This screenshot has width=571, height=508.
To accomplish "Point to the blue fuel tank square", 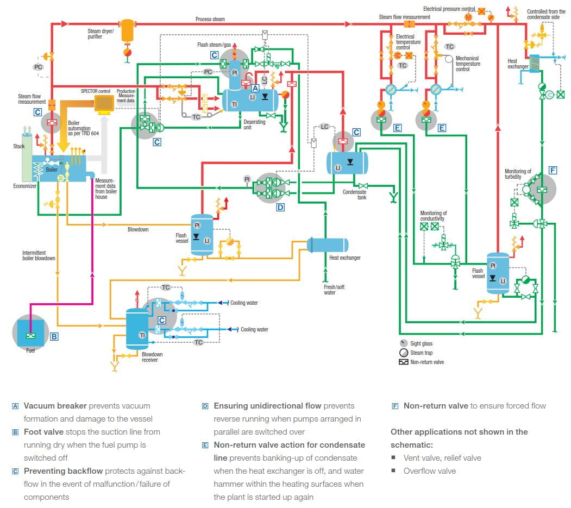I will [30, 333].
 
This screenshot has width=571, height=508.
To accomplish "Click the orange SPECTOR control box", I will [103, 103].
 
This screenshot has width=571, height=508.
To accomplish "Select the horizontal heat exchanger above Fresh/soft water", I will [328, 245].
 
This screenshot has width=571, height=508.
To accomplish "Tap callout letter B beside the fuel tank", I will [54, 336].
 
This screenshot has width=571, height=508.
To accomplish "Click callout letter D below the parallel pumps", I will [281, 206].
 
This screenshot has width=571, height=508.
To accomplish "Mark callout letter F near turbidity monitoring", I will [553, 171].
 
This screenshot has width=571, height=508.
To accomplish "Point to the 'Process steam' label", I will [210, 19].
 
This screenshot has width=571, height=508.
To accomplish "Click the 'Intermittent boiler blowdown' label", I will [39, 255].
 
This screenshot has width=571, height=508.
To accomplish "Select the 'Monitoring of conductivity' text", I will [434, 216].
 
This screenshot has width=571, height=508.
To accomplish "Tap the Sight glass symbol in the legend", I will [403, 343].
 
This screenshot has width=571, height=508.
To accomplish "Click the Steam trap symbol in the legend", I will [403, 353].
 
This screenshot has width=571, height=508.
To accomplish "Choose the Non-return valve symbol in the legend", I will [403, 362].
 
